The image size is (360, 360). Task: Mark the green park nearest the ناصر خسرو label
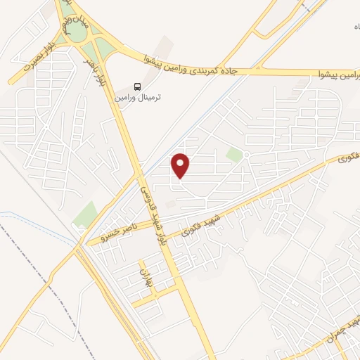(86, 214)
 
